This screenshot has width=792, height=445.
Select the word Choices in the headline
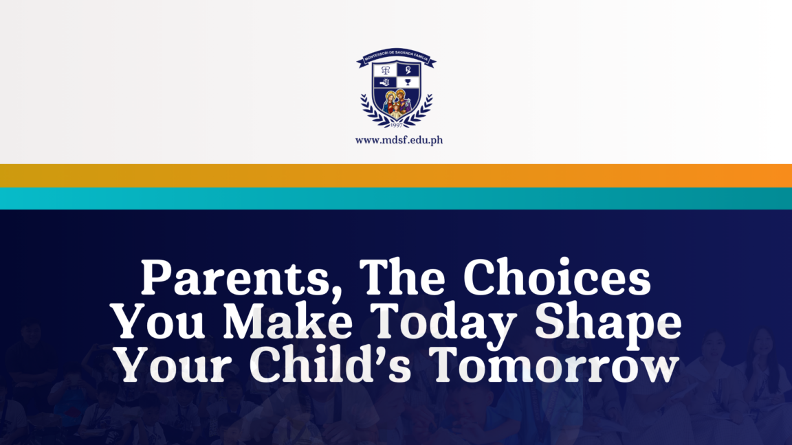pyautogui.click(x=556, y=279)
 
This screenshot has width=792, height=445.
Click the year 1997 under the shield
pyautogui.click(x=397, y=126)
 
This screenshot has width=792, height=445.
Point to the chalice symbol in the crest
pyautogui.click(x=408, y=83)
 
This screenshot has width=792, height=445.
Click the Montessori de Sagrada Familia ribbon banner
pyautogui.click(x=396, y=60)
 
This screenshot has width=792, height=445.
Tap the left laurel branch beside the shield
pyautogui.click(x=371, y=110)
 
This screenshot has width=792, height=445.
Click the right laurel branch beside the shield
pyautogui.click(x=423, y=110)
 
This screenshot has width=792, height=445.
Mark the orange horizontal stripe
pyautogui.click(x=396, y=176)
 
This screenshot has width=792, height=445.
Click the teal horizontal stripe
pyautogui.click(x=396, y=198)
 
